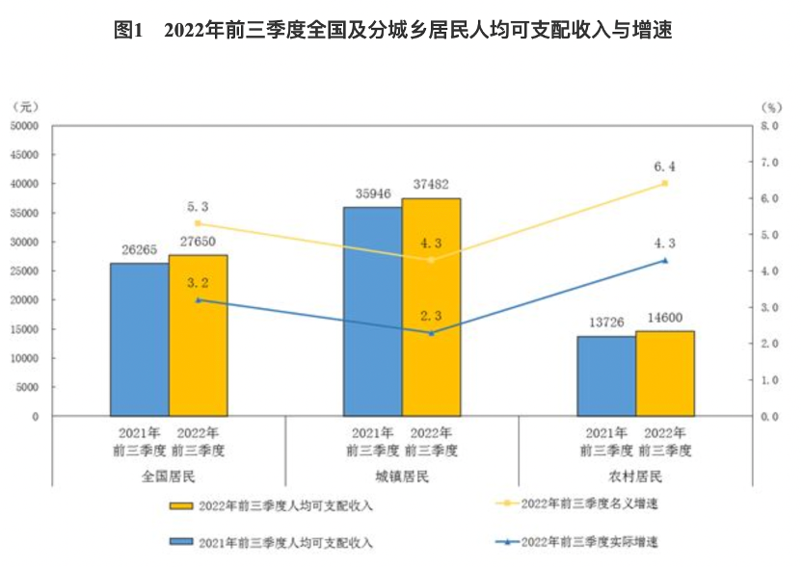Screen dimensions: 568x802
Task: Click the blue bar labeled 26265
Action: tap(139, 339)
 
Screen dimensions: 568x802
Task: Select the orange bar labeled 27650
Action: tap(199, 335)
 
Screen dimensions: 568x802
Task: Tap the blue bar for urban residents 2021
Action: tap(372, 311)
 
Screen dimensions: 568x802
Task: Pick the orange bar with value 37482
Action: tap(431, 307)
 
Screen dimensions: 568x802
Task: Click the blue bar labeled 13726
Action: tap(606, 375)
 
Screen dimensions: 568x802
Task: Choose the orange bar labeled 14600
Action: tap(665, 374)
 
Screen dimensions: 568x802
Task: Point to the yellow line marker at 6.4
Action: tap(664, 183)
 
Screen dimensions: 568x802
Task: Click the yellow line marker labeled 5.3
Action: tap(198, 223)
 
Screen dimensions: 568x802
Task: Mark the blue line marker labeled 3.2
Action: tap(198, 300)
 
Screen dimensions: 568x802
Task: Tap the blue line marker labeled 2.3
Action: tap(431, 333)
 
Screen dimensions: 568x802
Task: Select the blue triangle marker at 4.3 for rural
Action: tap(664, 260)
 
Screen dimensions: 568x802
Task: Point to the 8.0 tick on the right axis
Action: tap(768, 125)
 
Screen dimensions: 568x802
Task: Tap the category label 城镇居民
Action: tap(402, 477)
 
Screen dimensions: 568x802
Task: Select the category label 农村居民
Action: tap(635, 477)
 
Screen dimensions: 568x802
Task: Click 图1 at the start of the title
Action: tap(128, 30)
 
